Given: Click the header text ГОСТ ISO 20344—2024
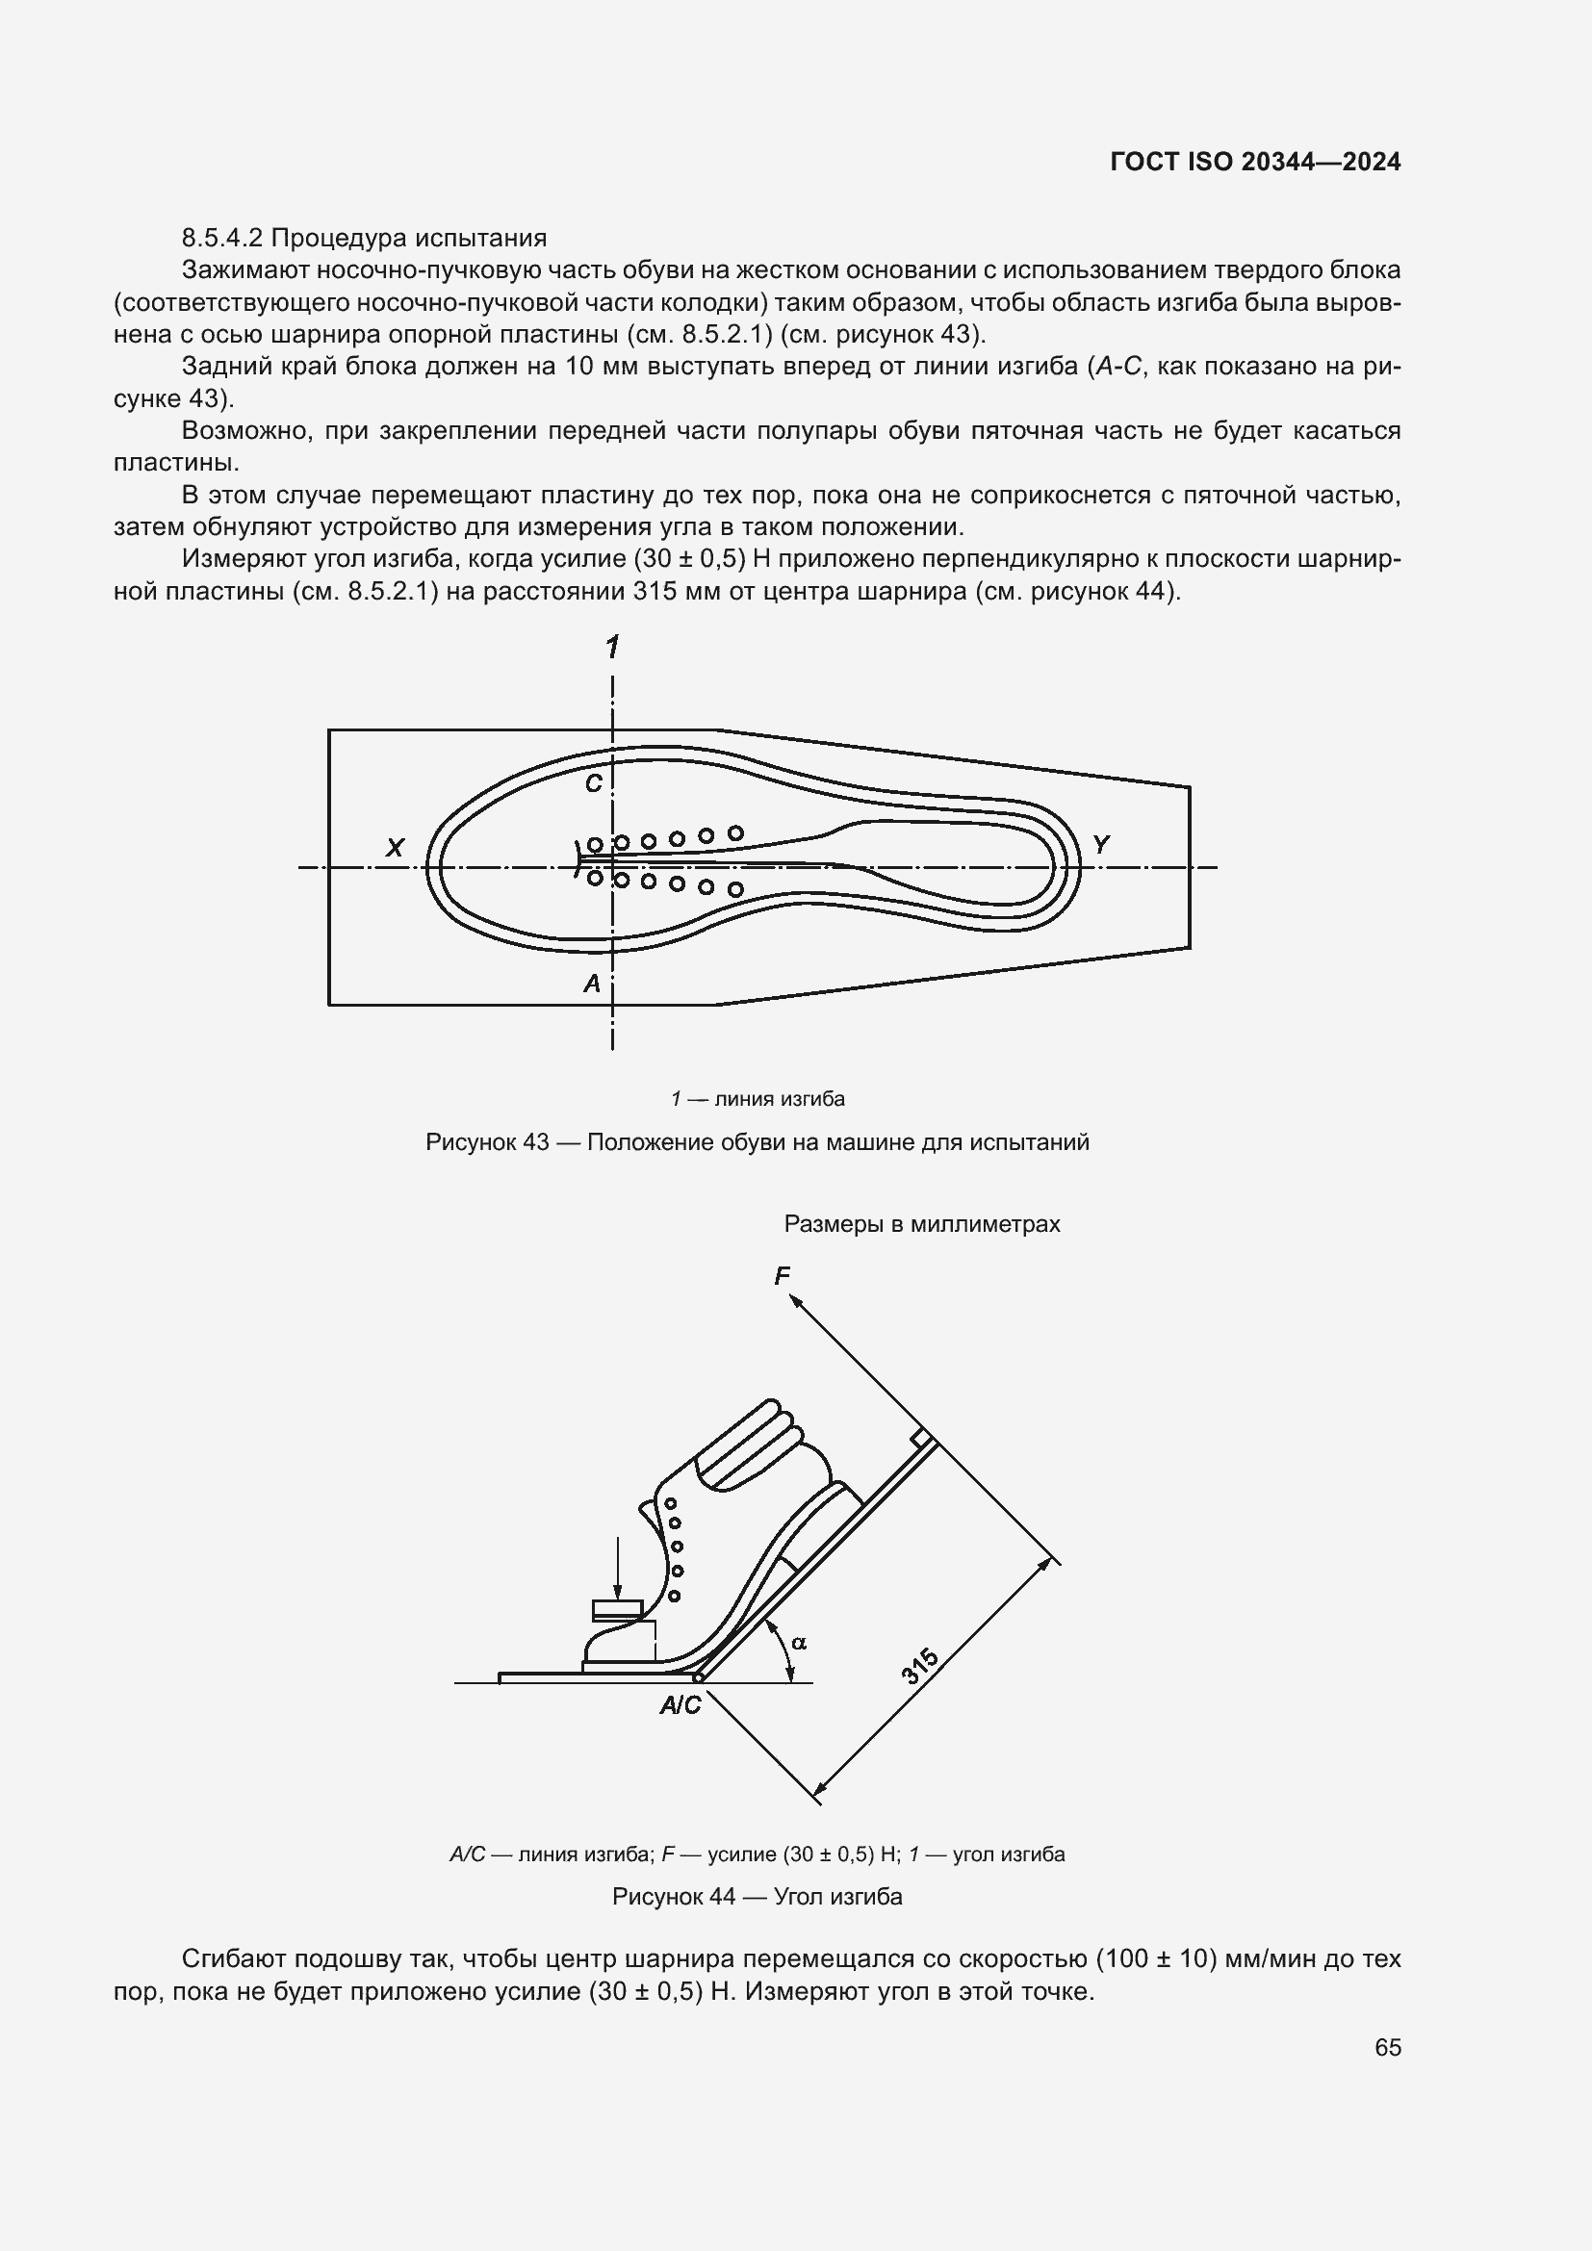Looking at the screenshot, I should [x=1255, y=163].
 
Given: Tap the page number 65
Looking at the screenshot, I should [x=1387, y=2047].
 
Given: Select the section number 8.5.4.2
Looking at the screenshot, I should [x=222, y=239].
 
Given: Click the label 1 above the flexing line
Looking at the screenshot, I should [x=613, y=647].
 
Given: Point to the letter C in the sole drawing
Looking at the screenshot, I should [x=593, y=783].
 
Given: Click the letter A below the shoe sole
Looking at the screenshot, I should [x=592, y=984].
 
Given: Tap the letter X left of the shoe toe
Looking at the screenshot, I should [x=395, y=848].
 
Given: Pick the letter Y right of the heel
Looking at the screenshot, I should [x=1101, y=844].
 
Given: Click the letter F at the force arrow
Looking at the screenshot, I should [x=782, y=1275].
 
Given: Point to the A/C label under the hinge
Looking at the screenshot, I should [x=680, y=1706].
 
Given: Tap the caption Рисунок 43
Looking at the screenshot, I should [x=487, y=1142].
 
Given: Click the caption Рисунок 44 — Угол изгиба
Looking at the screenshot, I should [x=757, y=1896].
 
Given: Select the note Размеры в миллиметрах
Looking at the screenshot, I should [x=921, y=1223].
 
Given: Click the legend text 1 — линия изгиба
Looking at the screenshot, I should [x=757, y=1099].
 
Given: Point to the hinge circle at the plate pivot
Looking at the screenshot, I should [x=698, y=1677].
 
